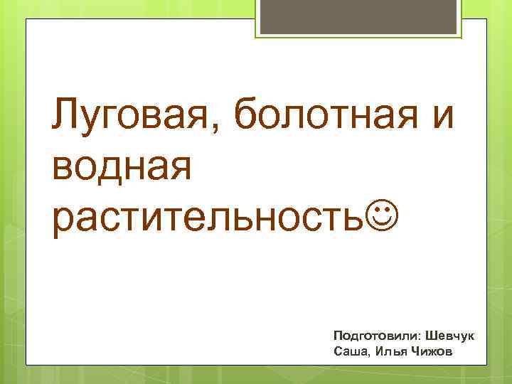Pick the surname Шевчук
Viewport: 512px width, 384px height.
[x=449, y=334]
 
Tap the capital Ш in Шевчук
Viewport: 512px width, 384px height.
[x=430, y=334]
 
